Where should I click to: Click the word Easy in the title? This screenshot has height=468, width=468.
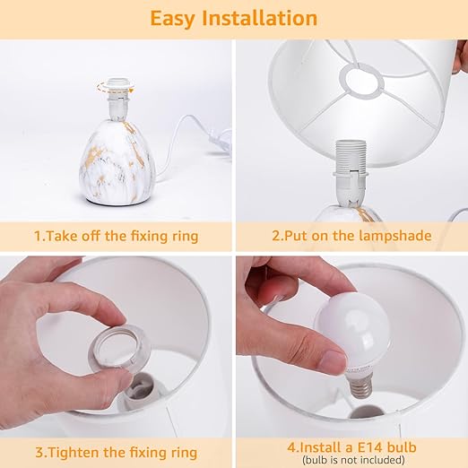pyautogui.click(x=172, y=19)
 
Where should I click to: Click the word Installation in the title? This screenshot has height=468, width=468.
pyautogui.click(x=260, y=18)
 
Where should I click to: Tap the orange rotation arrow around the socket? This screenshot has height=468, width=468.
pyautogui.click(x=115, y=87)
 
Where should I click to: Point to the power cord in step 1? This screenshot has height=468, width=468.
pyautogui.click(x=191, y=141)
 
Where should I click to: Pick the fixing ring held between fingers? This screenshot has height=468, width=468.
pyautogui.click(x=118, y=349)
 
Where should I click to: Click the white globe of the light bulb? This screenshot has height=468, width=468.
pyautogui.click(x=353, y=330)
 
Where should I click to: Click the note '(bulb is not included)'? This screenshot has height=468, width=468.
pyautogui.click(x=353, y=460)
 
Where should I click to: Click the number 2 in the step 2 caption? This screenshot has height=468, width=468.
pyautogui.click(x=275, y=236)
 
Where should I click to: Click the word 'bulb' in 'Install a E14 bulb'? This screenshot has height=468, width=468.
pyautogui.click(x=402, y=447)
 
